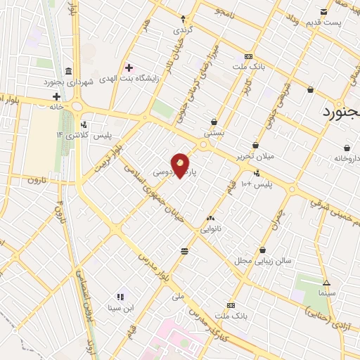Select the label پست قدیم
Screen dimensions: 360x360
(323, 22)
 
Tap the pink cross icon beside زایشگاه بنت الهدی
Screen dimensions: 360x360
(128, 67)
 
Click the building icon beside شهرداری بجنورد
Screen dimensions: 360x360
(67, 72)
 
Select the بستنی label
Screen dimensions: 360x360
(214, 131)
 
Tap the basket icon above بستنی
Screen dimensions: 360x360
(214, 121)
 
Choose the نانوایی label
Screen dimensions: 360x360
(211, 229)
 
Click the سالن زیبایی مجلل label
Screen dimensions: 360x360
(263, 260)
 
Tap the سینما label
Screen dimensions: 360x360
(326, 291)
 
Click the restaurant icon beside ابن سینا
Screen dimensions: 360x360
(120, 296)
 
